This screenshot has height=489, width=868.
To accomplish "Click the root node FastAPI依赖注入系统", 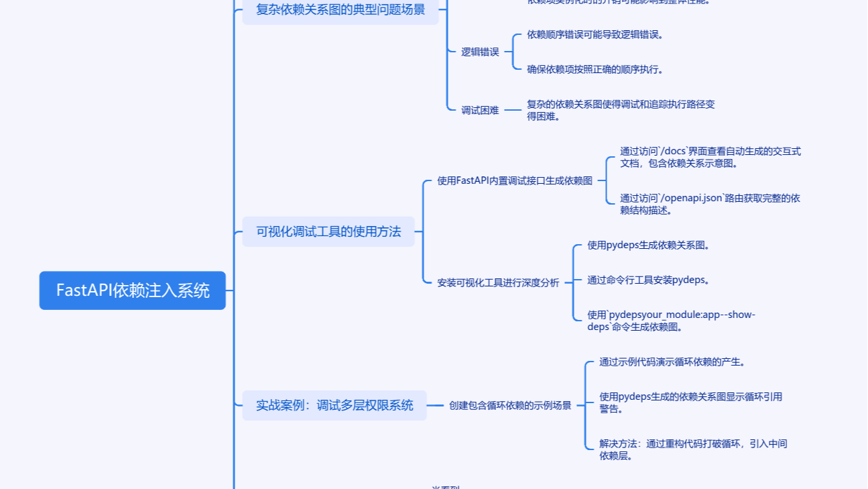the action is pyautogui.click(x=133, y=290).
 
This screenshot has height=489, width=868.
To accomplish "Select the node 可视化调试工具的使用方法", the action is pyautogui.click(x=328, y=231).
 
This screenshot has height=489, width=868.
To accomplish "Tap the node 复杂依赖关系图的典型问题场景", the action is pyautogui.click(x=340, y=10).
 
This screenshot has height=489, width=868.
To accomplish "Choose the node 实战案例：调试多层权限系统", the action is pyautogui.click(x=334, y=405).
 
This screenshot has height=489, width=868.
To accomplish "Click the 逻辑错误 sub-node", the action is pyautogui.click(x=480, y=52).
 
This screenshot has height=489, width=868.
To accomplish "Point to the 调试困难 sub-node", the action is pyautogui.click(x=480, y=111).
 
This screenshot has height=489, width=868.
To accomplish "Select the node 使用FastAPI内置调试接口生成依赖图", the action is pyautogui.click(x=515, y=180).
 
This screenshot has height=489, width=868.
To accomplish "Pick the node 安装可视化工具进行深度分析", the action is pyautogui.click(x=498, y=282).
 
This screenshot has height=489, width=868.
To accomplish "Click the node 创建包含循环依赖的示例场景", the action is pyautogui.click(x=510, y=405).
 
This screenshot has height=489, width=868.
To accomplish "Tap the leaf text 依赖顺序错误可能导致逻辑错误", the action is pyautogui.click(x=595, y=34).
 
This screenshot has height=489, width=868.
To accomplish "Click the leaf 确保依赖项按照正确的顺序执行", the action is pyautogui.click(x=595, y=69).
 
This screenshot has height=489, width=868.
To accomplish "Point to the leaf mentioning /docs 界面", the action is pyautogui.click(x=710, y=157).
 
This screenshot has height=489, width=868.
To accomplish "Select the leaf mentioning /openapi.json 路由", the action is pyautogui.click(x=710, y=204).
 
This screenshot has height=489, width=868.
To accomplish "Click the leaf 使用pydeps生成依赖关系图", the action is pyautogui.click(x=648, y=245).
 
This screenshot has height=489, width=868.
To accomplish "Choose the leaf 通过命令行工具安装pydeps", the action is pyautogui.click(x=648, y=280).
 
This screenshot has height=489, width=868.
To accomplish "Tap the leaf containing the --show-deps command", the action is pyautogui.click(x=671, y=321).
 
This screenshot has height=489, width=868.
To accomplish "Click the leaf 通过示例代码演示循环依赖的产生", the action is pyautogui.click(x=672, y=362).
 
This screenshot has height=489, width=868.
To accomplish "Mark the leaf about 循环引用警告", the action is pyautogui.click(x=690, y=402).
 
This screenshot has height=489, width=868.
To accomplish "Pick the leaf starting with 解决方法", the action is pyautogui.click(x=693, y=449).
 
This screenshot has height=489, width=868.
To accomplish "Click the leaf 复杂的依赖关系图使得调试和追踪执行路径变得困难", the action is pyautogui.click(x=621, y=110).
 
